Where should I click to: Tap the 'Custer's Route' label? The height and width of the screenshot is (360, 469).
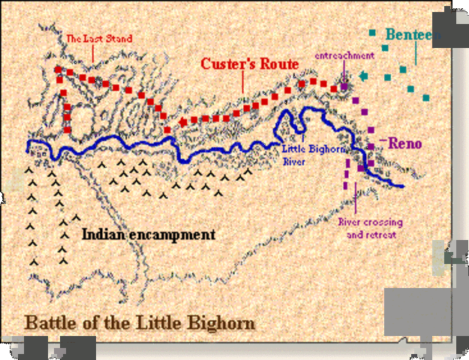tap(249, 64)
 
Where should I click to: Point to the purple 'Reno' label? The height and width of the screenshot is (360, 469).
tap(406, 143)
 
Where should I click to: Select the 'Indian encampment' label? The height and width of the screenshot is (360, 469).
tap(148, 235)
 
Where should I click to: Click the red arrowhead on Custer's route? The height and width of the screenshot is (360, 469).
tap(182, 121)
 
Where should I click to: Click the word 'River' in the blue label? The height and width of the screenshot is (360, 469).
tap(291, 160)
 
